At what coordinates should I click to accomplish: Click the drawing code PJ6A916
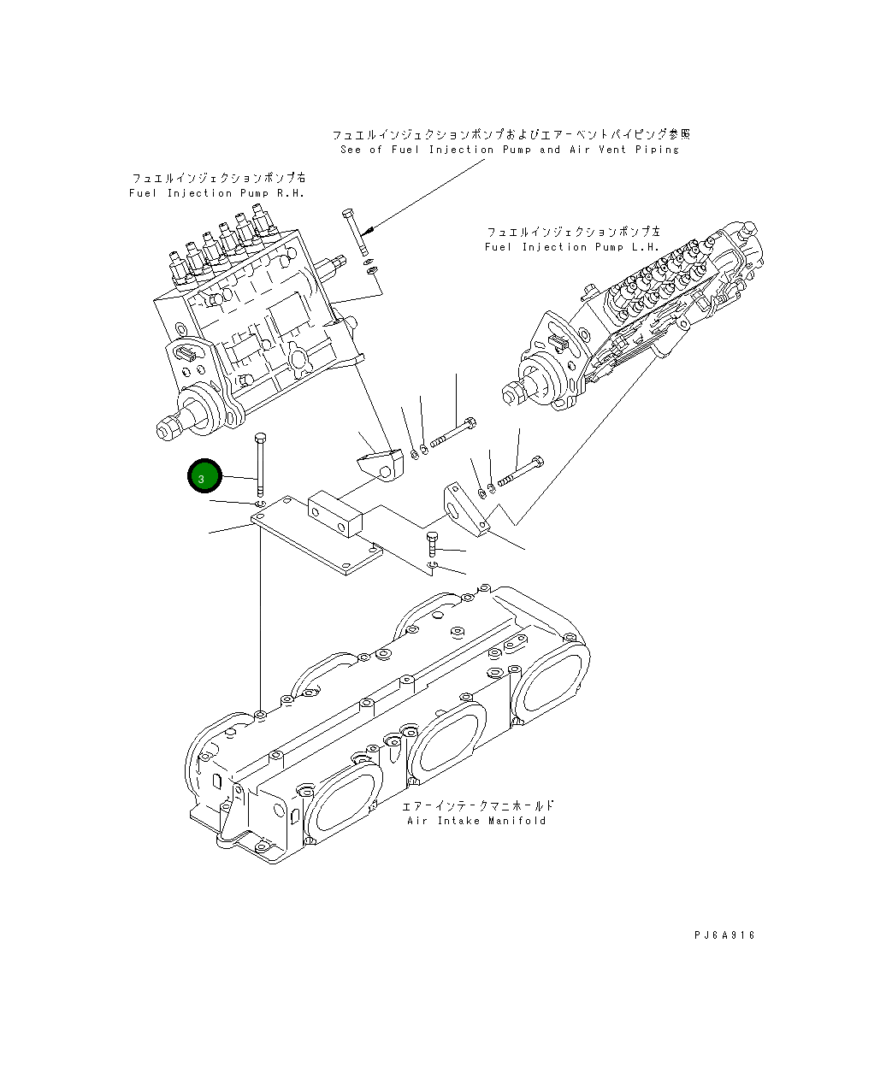coord(724,935)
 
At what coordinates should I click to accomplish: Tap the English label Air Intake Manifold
coord(476,821)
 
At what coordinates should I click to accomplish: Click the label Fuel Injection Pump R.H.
coord(217,193)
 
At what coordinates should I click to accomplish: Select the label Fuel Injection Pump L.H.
coord(572,247)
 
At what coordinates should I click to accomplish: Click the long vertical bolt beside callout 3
coord(260,462)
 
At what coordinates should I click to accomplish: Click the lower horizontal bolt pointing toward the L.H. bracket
coord(518,471)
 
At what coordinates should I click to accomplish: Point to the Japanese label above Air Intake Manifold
coord(478,805)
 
